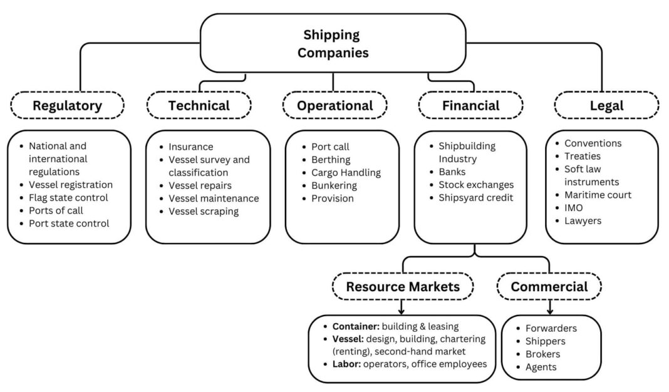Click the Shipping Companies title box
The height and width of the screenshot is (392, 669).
tap(333, 43)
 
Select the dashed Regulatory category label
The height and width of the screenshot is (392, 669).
tap(67, 106)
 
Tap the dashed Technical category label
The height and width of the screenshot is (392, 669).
tap(199, 106)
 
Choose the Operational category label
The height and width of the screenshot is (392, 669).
tap(334, 106)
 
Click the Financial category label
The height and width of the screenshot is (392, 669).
tap(470, 106)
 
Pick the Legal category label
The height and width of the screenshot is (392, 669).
tap(606, 106)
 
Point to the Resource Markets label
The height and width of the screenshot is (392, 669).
tap(403, 287)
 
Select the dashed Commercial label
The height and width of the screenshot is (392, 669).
tap(549, 287)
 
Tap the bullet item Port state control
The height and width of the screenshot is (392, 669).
tap(69, 223)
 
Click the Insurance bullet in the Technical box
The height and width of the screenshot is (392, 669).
tap(190, 147)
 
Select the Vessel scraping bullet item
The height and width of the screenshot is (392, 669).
tap(203, 211)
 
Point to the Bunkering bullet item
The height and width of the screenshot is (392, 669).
tap(334, 185)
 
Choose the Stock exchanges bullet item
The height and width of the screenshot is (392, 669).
tap(475, 185)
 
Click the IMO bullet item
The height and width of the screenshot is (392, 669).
tap(573, 208)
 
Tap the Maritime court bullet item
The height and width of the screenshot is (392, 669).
tap(598, 195)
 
